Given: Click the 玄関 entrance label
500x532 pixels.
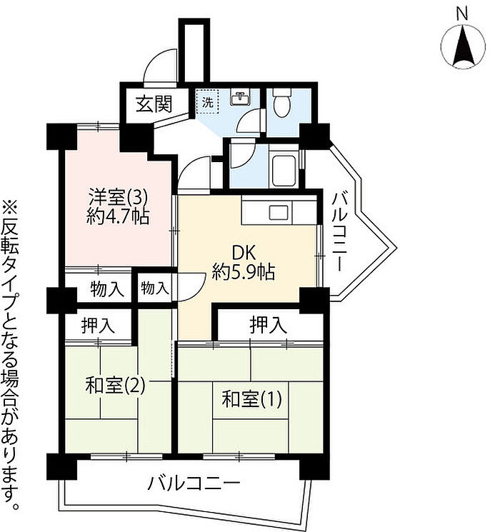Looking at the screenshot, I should [x=154, y=104].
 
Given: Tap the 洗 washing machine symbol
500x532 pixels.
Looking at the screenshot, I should [x=207, y=101].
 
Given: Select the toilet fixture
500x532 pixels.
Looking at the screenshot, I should [x=284, y=104].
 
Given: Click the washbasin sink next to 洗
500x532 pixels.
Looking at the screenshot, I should [x=240, y=97].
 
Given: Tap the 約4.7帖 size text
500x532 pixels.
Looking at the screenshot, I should [x=119, y=216].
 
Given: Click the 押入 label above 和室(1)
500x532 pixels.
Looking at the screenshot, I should [x=268, y=326].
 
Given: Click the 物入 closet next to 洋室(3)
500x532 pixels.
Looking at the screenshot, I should [x=108, y=289].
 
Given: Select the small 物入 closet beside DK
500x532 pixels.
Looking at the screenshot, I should [x=155, y=288].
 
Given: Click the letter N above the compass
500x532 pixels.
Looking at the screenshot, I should [x=461, y=13].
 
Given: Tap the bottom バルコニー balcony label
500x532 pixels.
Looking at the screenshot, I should [x=194, y=484].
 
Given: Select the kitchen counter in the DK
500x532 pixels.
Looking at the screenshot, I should [x=278, y=211].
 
